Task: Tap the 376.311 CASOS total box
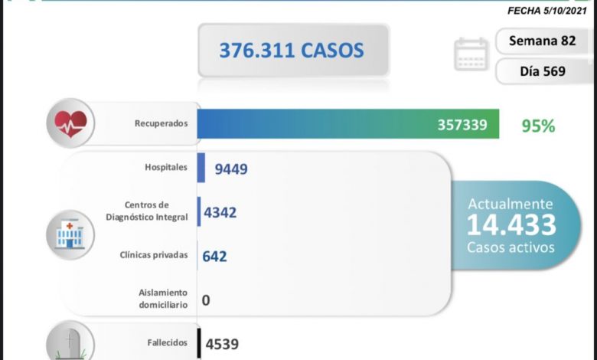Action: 293,51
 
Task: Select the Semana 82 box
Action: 543,41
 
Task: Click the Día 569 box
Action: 543,71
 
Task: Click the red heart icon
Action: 70,123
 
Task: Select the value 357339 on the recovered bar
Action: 462,124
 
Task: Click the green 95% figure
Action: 537,125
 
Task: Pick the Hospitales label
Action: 165,168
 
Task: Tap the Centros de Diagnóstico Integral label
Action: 147,211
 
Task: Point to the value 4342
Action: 220,211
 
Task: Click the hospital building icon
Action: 70,232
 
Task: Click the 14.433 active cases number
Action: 511,225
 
